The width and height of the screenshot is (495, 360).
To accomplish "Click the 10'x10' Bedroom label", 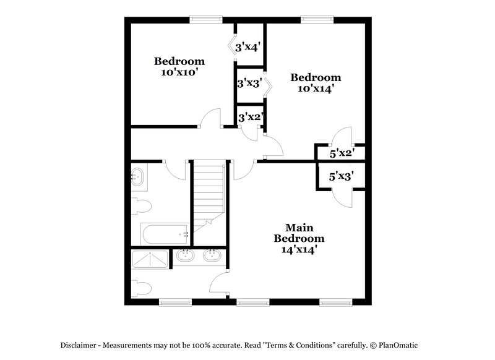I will pyautogui.click(x=179, y=66).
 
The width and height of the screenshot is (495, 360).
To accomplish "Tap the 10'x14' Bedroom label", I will pyautogui.click(x=316, y=83).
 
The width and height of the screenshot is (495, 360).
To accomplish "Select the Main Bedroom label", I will pyautogui.click(x=299, y=239).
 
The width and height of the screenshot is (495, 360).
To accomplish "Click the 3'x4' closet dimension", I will pyautogui.click(x=250, y=46).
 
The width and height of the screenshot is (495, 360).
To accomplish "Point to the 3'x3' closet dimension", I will pyautogui.click(x=250, y=82).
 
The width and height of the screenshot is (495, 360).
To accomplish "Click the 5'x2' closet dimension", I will pyautogui.click(x=341, y=153).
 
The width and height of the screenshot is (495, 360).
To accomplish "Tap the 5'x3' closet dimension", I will pyautogui.click(x=340, y=177).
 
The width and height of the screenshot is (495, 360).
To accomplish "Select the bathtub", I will pyautogui.click(x=165, y=234).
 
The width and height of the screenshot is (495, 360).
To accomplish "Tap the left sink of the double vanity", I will pyautogui.click(x=184, y=255).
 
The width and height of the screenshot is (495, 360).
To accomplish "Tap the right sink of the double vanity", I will pyautogui.click(x=211, y=255).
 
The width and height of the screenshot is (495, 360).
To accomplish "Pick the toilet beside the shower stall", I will pyautogui.click(x=141, y=288).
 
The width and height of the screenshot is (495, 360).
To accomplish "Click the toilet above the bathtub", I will pyautogui.click(x=140, y=205).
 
